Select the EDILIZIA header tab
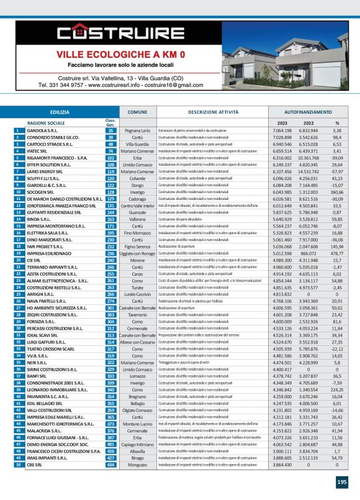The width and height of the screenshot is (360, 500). click(x=60, y=112)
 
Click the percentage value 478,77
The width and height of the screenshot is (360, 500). click(x=337, y=253)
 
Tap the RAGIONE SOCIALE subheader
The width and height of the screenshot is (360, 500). click(x=48, y=123)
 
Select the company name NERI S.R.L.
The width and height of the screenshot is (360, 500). click(x=37, y=362)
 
